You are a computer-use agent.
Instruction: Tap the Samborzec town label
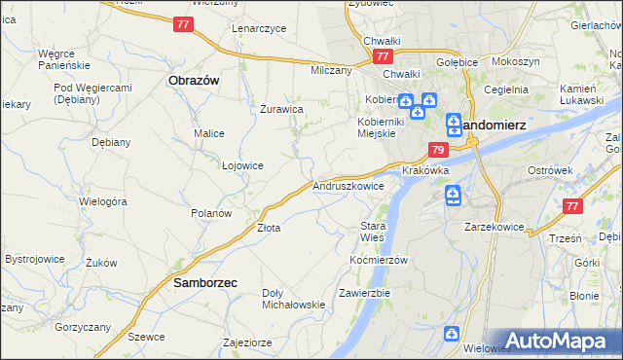coord(206,283)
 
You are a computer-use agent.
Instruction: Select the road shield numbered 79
coord(438,151)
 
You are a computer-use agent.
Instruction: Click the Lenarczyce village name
coord(259,29)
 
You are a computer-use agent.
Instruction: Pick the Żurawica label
coord(282,109)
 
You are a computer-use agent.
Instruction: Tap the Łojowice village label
coord(243,165)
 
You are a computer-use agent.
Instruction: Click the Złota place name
coord(269,229)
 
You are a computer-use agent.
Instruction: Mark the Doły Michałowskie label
coord(293,299)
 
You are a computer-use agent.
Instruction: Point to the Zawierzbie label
coord(364,293)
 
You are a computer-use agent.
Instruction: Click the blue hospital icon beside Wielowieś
coord(452,335)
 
